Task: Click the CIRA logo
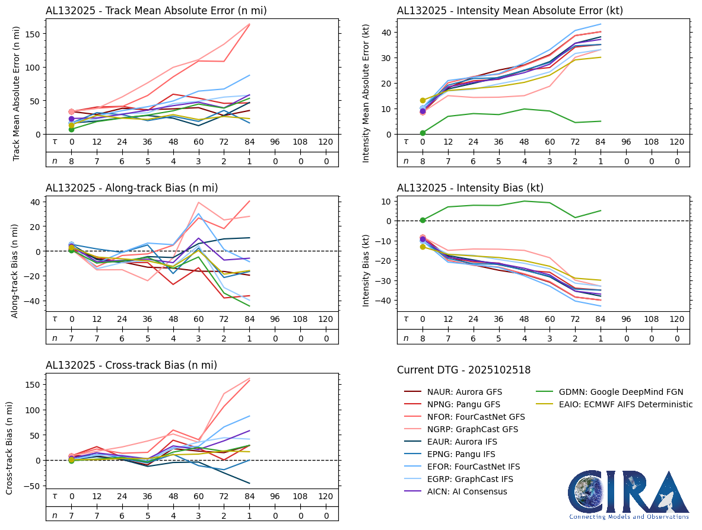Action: [x=629, y=495]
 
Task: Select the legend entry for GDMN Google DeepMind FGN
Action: [x=621, y=392]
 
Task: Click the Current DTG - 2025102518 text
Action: [x=463, y=370]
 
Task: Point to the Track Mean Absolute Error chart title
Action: [x=156, y=11]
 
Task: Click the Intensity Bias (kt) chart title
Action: [x=470, y=188]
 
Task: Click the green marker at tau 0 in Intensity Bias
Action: [x=423, y=220]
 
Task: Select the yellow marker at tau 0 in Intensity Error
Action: [x=423, y=101]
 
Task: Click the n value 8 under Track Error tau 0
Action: [x=71, y=161]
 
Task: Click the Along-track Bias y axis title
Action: [x=15, y=271]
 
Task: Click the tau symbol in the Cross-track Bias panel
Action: [x=55, y=496]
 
